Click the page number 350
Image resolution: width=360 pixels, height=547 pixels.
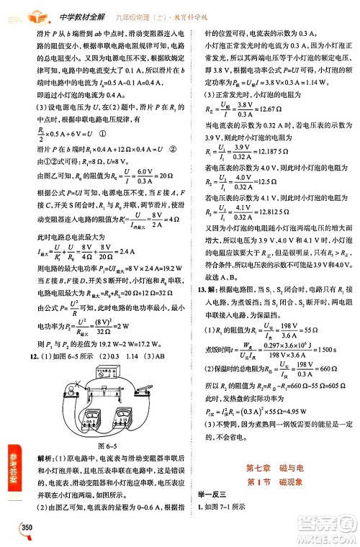tap(28, 528)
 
